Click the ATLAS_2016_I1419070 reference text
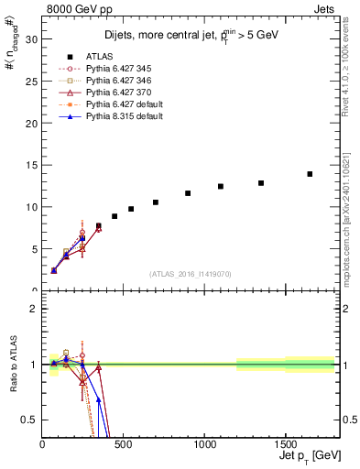tap(190, 273)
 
